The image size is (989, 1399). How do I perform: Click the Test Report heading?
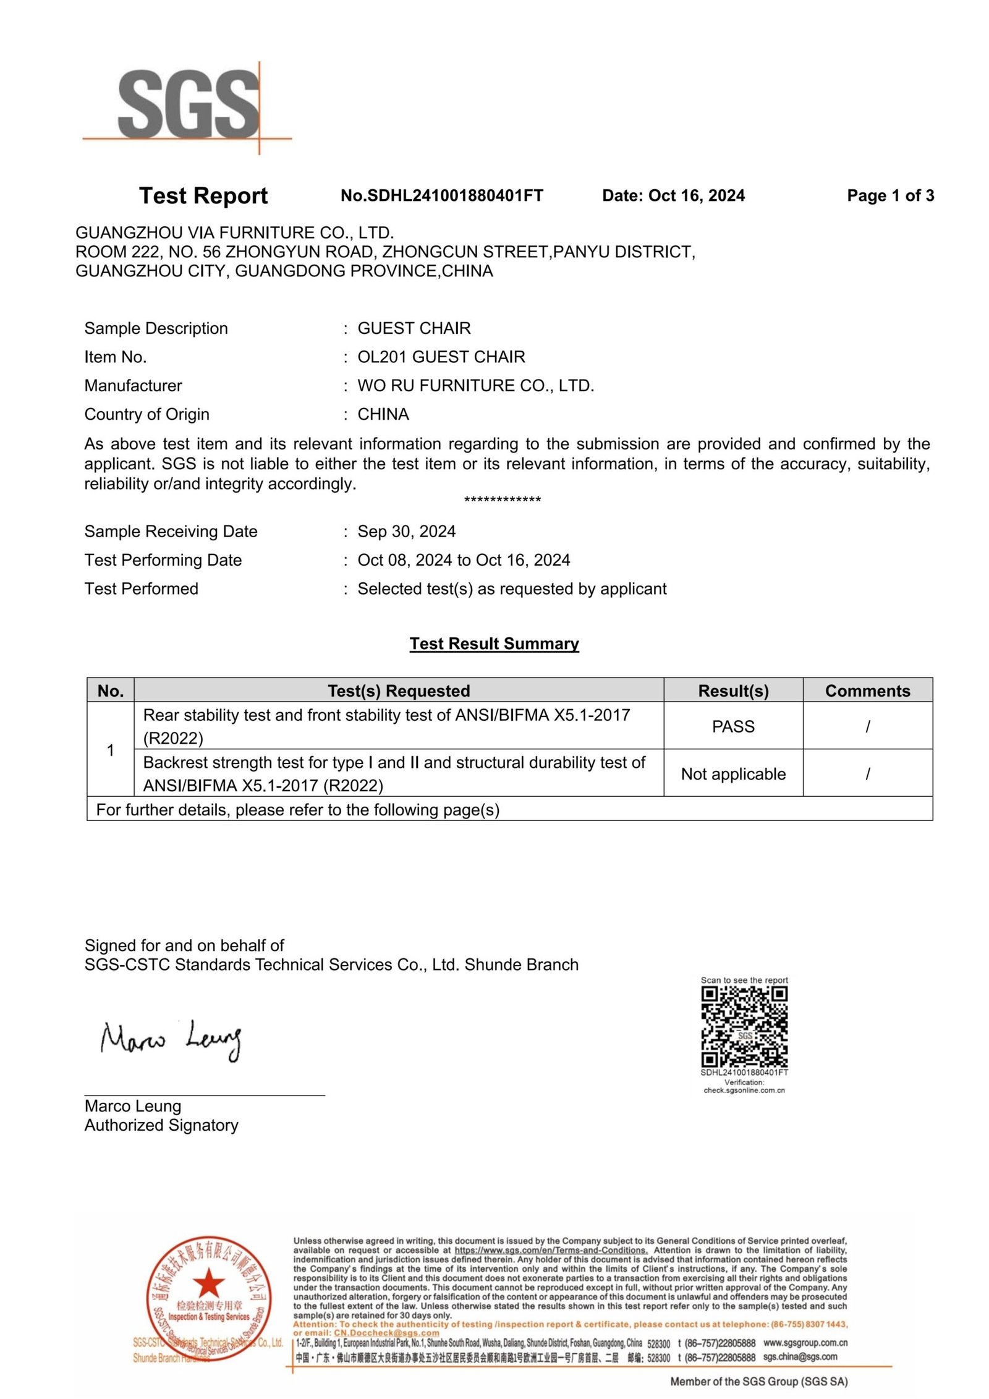[203, 195]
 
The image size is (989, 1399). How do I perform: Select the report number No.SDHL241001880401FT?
[441, 195]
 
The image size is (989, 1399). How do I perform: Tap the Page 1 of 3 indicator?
[890, 196]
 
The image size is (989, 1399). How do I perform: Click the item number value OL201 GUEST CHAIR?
[441, 357]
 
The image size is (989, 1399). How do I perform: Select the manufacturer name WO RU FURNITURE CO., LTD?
[475, 386]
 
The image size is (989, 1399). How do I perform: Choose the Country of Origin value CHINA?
[383, 414]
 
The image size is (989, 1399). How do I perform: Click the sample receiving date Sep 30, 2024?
[406, 531]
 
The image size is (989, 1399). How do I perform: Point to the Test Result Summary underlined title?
[494, 644]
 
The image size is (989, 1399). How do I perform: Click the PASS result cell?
[733, 726]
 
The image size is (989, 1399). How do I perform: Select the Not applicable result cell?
[733, 774]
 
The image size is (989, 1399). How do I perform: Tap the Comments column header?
[867, 691]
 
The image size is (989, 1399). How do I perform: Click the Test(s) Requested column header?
[399, 691]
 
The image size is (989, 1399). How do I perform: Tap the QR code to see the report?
[744, 1027]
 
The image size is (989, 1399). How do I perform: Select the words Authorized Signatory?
[161, 1125]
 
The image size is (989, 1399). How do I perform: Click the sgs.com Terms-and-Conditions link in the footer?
[551, 1250]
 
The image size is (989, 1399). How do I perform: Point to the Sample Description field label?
[156, 328]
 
